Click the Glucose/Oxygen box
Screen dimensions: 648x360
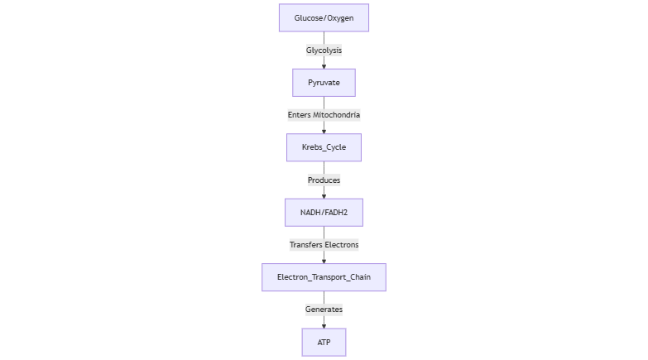click(x=324, y=17)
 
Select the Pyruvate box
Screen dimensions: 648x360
click(x=324, y=83)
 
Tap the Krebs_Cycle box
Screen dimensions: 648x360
click(x=324, y=147)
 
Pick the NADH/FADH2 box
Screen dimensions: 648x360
click(x=324, y=213)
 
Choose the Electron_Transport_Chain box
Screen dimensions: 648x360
click(x=324, y=277)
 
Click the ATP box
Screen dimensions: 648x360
click(x=324, y=343)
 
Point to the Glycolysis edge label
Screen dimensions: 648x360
click(x=324, y=50)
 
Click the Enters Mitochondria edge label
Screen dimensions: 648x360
click(x=324, y=115)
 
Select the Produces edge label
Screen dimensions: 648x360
click(x=324, y=180)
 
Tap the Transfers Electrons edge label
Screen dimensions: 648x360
click(x=324, y=245)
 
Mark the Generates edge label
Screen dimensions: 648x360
click(x=324, y=310)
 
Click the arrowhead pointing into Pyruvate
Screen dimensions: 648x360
click(x=324, y=66)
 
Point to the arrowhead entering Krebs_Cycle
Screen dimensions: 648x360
click(x=324, y=131)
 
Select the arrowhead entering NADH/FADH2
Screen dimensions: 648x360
click(x=324, y=196)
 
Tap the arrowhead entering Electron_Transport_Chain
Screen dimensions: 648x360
click(x=324, y=261)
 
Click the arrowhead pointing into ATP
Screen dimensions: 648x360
click(x=324, y=326)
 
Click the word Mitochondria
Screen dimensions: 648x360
click(x=336, y=115)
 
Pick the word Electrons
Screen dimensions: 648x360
click(x=342, y=245)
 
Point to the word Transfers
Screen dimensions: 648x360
click(x=306, y=245)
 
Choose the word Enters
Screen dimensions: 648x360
click(x=300, y=115)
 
